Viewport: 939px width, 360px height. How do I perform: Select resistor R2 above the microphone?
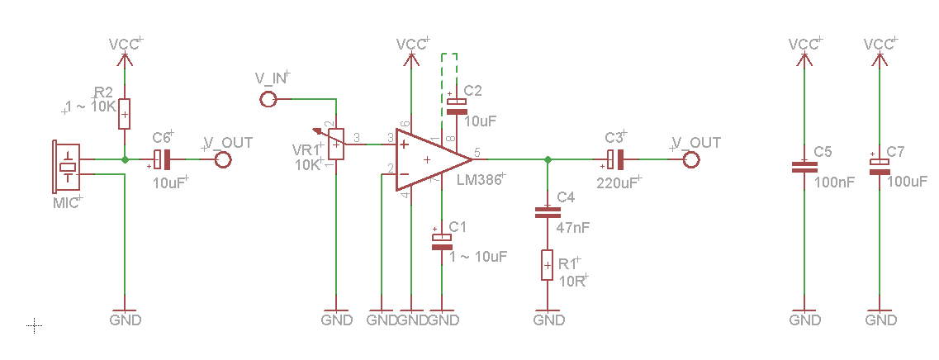(x=125, y=114)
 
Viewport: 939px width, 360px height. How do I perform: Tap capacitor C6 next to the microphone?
(x=163, y=159)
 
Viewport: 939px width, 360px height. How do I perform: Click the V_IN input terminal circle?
(x=268, y=100)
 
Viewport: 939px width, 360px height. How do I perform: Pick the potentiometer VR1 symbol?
(x=336, y=144)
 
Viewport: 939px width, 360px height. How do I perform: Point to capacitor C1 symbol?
(x=443, y=241)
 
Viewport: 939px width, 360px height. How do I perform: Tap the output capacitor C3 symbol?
(x=615, y=159)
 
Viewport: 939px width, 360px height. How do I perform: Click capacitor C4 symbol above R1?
(x=546, y=212)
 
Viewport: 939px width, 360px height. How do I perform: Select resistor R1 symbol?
(x=546, y=265)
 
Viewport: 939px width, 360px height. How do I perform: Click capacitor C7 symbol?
(x=879, y=167)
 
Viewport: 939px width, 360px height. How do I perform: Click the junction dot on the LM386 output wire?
(x=547, y=159)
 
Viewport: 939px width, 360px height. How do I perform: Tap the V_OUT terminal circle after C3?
(x=691, y=159)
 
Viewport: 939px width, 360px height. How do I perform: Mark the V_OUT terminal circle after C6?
(x=222, y=159)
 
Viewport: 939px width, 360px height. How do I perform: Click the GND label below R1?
(x=548, y=320)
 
